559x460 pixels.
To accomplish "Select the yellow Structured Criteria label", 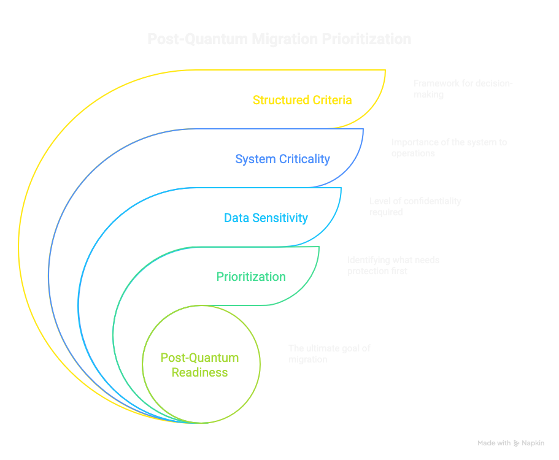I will click(302, 100).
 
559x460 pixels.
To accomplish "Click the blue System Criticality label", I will click(282, 159).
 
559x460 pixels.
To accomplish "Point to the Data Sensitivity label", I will click(266, 218).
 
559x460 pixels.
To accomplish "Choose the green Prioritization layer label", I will click(251, 277).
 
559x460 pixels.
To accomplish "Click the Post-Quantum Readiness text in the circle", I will click(199, 365).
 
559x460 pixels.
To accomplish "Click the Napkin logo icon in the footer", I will click(517, 443).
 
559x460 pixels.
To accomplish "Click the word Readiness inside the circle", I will click(199, 372).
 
